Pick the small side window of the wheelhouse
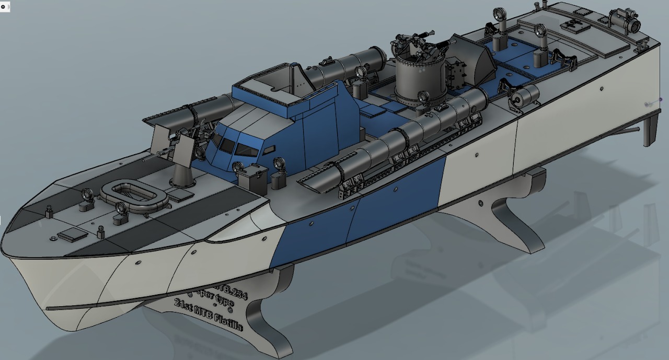click(269, 150)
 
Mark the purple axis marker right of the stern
click(661, 100)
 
